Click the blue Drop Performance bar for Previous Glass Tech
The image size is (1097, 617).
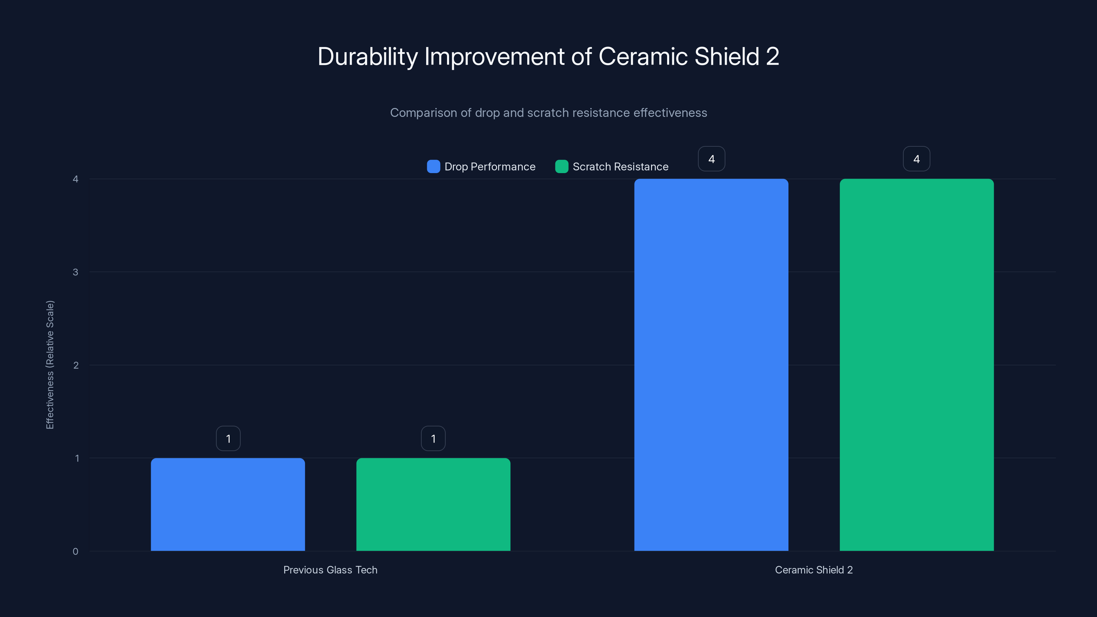[x=228, y=505]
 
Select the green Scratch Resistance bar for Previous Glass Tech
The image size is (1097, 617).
[x=433, y=505]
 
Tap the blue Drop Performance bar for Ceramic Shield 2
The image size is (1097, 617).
[x=711, y=365]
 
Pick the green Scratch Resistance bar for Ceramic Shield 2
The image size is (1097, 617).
[x=916, y=365]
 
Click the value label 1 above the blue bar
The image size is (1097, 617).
[x=228, y=439]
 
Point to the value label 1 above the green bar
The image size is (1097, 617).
[x=433, y=439]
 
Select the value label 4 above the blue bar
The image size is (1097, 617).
[x=711, y=159]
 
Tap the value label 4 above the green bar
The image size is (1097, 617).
[x=916, y=159]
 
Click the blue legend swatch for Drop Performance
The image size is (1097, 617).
[x=433, y=167]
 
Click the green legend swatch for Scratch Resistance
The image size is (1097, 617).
[x=561, y=167]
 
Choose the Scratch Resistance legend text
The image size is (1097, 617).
[x=620, y=167]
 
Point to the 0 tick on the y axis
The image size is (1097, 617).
[x=75, y=552]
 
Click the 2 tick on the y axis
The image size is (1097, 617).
[x=76, y=365]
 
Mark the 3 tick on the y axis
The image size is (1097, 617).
[x=75, y=272]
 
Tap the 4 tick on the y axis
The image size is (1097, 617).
[x=75, y=179]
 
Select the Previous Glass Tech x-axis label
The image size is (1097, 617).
[x=330, y=570]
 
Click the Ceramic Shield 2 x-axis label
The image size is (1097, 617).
[x=813, y=570]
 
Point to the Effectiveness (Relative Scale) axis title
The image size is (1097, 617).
[x=50, y=365]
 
